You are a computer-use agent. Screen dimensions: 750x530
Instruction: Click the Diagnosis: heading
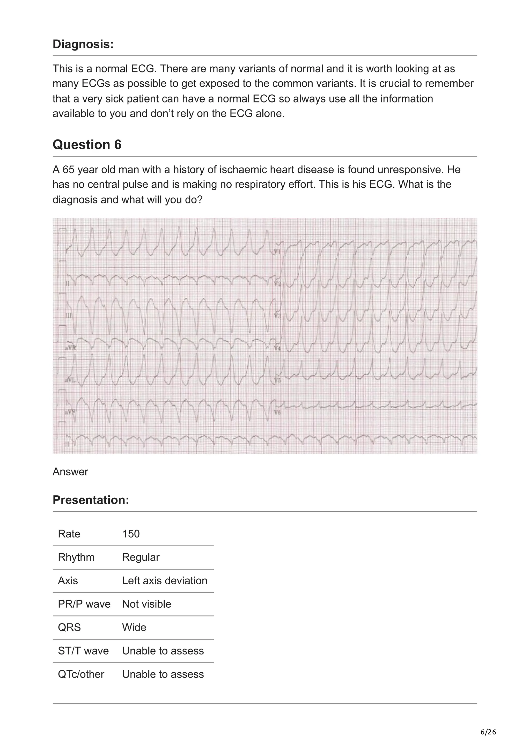coord(83,44)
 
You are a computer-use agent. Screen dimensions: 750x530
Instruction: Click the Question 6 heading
coord(87,144)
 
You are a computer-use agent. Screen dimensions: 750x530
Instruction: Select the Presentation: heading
coord(91,500)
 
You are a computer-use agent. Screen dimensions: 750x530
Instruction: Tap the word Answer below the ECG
coord(70,472)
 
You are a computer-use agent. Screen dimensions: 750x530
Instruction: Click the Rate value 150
coord(131,534)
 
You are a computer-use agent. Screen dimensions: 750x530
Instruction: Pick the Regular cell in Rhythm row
coord(141,557)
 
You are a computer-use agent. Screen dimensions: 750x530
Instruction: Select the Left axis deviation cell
coord(165,580)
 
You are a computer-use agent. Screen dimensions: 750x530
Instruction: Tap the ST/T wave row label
coord(83,651)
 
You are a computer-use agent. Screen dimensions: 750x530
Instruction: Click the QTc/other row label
coord(81,674)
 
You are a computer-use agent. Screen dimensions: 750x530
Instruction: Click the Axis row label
coord(68,580)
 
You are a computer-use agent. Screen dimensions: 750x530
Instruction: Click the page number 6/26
coord(488,732)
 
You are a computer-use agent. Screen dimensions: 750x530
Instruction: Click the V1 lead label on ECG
coord(277,252)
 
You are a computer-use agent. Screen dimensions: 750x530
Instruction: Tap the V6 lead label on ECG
coord(277,413)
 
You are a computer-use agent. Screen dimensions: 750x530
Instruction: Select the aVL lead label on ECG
coord(70,380)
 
